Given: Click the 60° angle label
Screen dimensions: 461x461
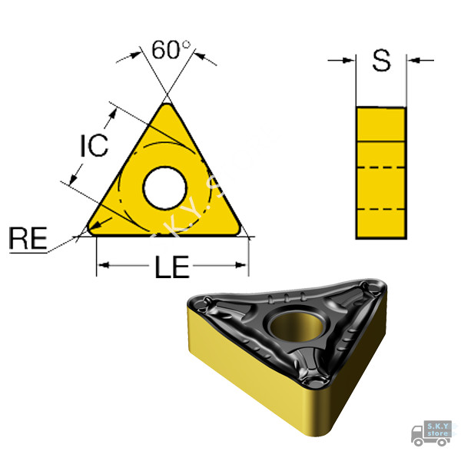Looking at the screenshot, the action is [x=171, y=49].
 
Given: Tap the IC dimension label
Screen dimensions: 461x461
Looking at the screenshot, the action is [x=95, y=145].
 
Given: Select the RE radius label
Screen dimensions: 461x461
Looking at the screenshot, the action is [x=28, y=238].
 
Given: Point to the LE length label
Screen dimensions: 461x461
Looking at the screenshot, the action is [x=172, y=267].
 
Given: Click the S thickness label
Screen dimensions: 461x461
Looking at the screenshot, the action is [x=381, y=60].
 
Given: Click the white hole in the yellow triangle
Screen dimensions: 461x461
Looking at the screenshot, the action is [x=164, y=188].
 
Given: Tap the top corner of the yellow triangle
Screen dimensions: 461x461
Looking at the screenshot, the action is [x=167, y=104].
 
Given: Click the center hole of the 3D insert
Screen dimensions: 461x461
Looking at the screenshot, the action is [x=297, y=326].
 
